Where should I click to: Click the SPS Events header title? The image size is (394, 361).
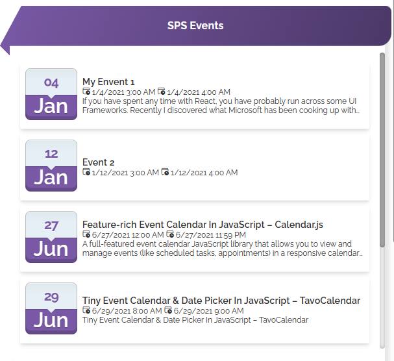pyautogui.click(x=195, y=25)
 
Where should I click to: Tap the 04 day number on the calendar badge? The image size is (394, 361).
pyautogui.click(x=51, y=82)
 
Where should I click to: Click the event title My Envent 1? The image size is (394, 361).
pyautogui.click(x=108, y=82)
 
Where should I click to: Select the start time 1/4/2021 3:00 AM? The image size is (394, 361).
pyautogui.click(x=123, y=92)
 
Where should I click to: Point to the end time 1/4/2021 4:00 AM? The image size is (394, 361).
pyautogui.click(x=199, y=92)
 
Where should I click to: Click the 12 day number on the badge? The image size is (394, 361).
pyautogui.click(x=51, y=154)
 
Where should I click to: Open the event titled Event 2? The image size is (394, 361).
pyautogui.click(x=98, y=162)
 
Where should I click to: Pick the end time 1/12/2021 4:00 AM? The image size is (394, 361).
pyautogui.click(x=204, y=173)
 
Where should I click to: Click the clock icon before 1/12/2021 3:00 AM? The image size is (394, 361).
pyautogui.click(x=86, y=172)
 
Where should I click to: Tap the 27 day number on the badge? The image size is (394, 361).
pyautogui.click(x=51, y=225)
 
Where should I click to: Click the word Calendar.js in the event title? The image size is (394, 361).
pyautogui.click(x=299, y=225)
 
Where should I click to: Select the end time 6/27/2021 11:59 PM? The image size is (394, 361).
pyautogui.click(x=210, y=235)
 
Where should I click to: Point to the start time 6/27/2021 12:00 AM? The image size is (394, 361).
pyautogui.click(x=128, y=235)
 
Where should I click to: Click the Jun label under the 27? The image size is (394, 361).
pyautogui.click(x=51, y=249)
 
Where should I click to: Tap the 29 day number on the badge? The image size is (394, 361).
pyautogui.click(x=51, y=297)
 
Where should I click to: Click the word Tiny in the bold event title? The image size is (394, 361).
pyautogui.click(x=92, y=301)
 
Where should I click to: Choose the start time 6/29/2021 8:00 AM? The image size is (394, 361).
pyautogui.click(x=127, y=311)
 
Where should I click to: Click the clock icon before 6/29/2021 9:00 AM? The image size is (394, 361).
pyautogui.click(x=168, y=310)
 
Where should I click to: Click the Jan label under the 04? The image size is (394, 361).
pyautogui.click(x=51, y=106)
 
